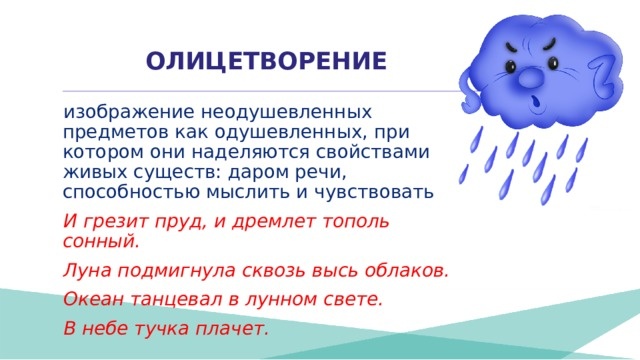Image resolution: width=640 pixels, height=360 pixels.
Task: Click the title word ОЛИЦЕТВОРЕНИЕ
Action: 266,62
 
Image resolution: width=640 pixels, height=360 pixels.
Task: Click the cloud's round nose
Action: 531,76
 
